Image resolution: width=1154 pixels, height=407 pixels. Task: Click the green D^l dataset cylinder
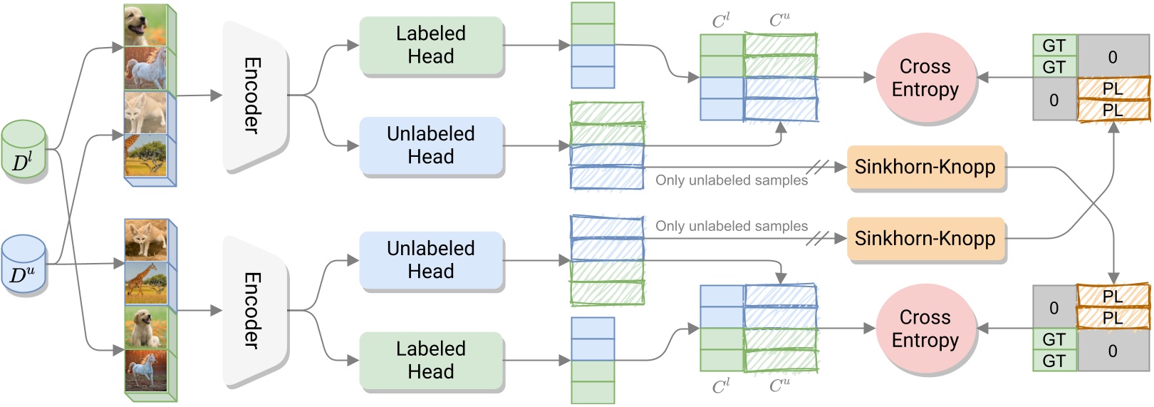24,151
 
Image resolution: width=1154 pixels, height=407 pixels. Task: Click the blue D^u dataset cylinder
24,265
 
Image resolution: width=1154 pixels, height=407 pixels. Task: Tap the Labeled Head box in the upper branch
431,45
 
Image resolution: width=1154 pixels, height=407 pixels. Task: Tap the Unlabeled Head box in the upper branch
431,145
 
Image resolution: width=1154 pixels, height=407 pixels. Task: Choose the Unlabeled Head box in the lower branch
431,260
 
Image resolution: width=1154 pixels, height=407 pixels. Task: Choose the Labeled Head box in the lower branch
431,361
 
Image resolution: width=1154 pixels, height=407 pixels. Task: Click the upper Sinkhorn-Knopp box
925,167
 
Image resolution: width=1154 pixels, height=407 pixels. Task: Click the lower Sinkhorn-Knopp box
925,239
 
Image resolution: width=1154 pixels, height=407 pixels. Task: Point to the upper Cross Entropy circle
925,78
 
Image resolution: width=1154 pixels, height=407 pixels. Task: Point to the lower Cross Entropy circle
925,329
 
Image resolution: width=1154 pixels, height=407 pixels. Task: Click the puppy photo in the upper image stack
145,26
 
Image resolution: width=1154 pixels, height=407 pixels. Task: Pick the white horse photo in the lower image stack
145,370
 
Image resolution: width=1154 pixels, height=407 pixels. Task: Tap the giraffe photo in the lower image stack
145,284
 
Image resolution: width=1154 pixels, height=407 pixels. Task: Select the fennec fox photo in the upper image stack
145,113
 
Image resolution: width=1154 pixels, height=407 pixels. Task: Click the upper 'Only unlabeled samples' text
732,180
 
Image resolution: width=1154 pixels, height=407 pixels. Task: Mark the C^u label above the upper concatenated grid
779,21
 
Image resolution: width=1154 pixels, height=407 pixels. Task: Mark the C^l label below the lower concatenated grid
721,386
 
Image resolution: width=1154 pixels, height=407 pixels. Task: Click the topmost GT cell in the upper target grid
1054,46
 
